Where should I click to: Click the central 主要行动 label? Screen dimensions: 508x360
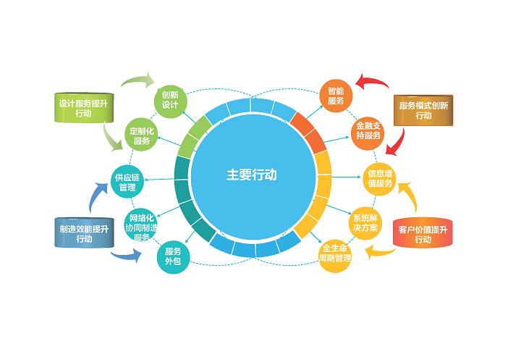point(251,175)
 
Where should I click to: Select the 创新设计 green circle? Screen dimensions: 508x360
point(170,100)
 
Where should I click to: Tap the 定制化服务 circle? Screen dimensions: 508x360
point(141,135)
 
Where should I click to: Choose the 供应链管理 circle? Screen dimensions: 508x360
point(127,182)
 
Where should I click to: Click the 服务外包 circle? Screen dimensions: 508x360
point(173,256)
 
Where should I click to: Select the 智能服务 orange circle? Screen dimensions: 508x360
point(336,96)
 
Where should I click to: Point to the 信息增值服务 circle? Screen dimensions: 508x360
point(380,178)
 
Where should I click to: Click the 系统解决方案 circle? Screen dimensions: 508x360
point(365,223)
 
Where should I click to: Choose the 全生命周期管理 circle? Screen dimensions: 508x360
point(335,254)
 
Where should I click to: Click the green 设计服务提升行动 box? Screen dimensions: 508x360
point(84,108)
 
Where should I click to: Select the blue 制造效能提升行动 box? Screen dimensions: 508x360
point(84,233)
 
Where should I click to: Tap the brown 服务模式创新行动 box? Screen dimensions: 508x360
point(423,110)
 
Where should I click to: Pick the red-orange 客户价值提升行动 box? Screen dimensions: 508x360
point(423,233)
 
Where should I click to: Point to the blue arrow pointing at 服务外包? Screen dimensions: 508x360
point(127,256)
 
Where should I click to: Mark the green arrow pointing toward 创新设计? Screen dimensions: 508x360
point(138,80)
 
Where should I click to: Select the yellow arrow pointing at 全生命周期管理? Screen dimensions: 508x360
point(380,251)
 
